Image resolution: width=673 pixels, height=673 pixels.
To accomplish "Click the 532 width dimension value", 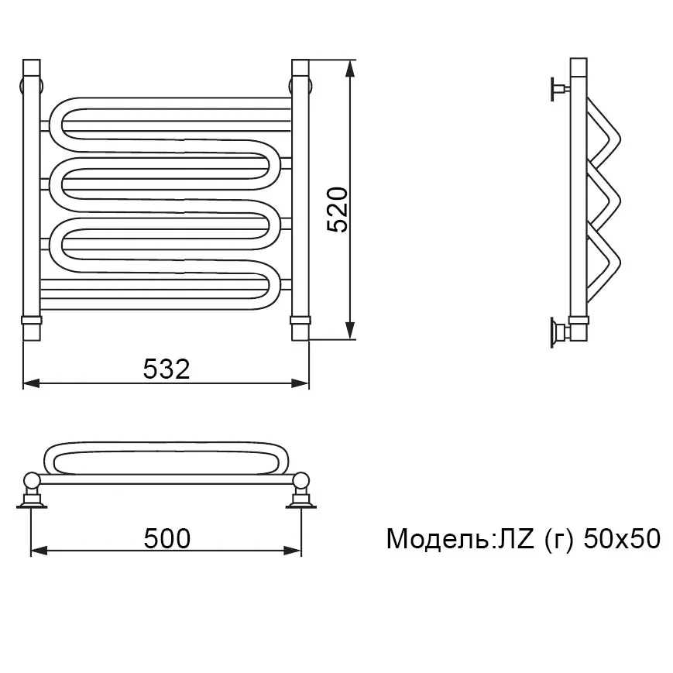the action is pos(167,369).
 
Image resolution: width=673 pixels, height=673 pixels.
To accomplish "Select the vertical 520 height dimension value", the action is pos(338,210).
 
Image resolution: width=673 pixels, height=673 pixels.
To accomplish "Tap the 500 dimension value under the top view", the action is pos(167,539).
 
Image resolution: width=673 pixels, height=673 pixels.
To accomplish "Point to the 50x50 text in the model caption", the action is pos(621,539).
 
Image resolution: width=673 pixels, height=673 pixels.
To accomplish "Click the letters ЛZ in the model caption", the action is pos(516,539).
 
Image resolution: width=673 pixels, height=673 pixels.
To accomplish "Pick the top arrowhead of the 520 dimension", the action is pos(351,69).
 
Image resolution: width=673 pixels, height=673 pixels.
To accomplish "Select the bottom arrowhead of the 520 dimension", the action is pos(351,331).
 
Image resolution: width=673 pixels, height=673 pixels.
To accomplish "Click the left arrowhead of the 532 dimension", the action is pos(31,383).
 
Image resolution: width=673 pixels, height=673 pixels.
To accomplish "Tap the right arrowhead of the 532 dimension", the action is pos(300,383).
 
